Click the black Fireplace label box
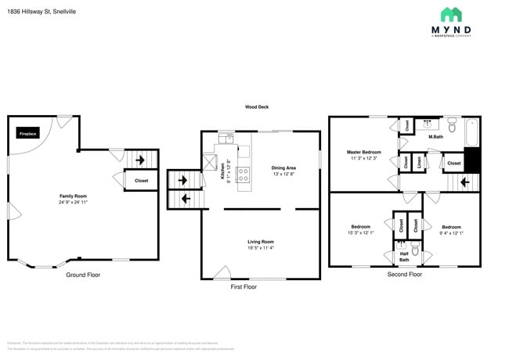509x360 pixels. (x=27, y=134)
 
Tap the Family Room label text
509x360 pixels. (x=73, y=196)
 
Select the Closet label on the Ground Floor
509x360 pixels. (x=142, y=181)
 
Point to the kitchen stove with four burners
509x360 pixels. (x=244, y=174)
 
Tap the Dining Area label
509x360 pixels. (x=283, y=167)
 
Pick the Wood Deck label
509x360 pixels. (x=257, y=107)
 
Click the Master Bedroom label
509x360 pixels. (x=364, y=152)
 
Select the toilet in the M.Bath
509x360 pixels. (x=452, y=124)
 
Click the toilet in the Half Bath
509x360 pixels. (x=416, y=250)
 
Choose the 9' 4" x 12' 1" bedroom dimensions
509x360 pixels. (x=451, y=232)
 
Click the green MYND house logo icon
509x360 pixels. (x=450, y=14)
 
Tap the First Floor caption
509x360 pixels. (x=244, y=287)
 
